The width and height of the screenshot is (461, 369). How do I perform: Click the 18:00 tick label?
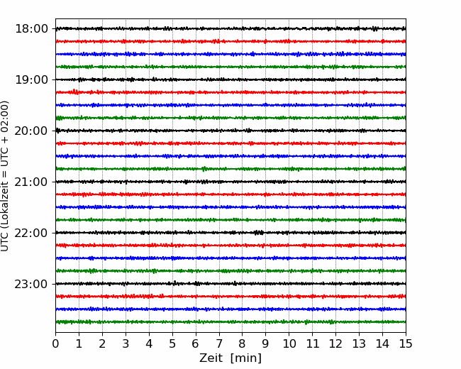[x=31, y=29]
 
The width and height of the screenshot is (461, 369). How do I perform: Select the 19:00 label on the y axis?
[x=31, y=79]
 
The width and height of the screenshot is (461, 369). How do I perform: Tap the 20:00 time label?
[x=31, y=131]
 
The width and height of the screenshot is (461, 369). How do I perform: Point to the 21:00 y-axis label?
[x=31, y=182]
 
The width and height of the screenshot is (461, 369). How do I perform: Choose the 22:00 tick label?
[x=31, y=233]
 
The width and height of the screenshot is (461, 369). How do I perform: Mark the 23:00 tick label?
[x=31, y=284]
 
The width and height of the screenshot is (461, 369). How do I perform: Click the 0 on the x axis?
[x=55, y=343]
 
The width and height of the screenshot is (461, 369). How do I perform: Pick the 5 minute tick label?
[x=172, y=343]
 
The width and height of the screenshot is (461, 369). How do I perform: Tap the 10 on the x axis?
[x=289, y=343]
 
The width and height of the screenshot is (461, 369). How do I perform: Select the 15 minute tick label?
[x=406, y=343]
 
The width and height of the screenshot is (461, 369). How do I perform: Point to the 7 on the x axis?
[x=219, y=343]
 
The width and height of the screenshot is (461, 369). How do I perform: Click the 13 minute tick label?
[x=359, y=343]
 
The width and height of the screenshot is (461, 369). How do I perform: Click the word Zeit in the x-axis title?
[x=212, y=358]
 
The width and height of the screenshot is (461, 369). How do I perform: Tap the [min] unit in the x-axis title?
[x=246, y=358]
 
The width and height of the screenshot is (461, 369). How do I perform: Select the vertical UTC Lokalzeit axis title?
[x=5, y=176]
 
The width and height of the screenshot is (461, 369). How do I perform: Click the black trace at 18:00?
[x=230, y=28]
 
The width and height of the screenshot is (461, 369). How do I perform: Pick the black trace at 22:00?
[x=230, y=233]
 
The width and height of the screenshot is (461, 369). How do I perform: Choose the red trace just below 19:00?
[x=230, y=92]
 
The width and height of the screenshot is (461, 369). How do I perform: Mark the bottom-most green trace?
[x=230, y=322]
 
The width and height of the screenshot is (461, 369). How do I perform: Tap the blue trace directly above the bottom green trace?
[x=230, y=309]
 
